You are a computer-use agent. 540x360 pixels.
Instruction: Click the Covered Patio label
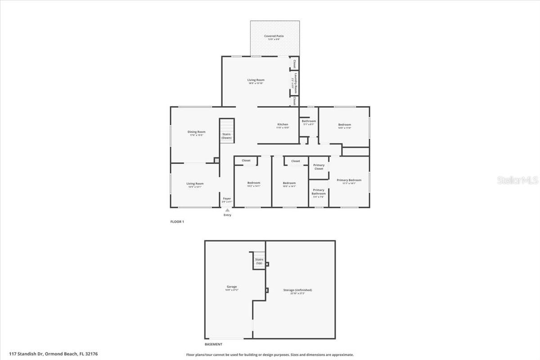click(274, 36)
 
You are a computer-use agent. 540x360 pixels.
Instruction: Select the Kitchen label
click(283, 124)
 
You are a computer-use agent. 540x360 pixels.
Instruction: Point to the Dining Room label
click(196, 132)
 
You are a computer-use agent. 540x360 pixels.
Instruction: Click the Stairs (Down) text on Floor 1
click(226, 136)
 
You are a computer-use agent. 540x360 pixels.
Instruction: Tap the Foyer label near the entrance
click(227, 198)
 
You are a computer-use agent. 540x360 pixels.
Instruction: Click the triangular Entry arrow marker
click(227, 210)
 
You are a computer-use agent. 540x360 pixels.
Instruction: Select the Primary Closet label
click(319, 167)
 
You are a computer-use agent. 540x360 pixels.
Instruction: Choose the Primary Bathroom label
click(319, 192)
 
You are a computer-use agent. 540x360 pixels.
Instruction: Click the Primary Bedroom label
click(349, 180)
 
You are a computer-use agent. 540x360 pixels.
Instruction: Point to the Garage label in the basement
click(231, 287)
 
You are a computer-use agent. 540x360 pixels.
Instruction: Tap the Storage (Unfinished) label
click(297, 290)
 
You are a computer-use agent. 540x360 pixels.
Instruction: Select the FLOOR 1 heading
click(177, 222)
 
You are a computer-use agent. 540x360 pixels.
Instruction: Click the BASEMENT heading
click(213, 344)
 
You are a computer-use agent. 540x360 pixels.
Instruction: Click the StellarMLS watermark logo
click(517, 180)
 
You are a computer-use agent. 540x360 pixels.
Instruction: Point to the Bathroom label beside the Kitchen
click(309, 121)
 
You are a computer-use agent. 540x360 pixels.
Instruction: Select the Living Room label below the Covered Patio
click(256, 80)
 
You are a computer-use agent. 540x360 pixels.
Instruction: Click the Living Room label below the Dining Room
click(195, 184)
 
